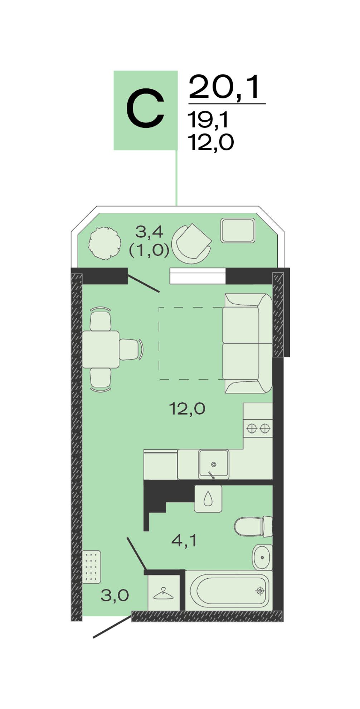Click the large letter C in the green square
145,110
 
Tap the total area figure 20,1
224,87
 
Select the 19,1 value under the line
208,120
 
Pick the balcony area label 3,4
149,233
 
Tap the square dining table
101,349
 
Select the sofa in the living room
247,343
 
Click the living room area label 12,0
187,409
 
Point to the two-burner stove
258,428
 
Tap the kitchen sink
214,464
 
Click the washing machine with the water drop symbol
208,499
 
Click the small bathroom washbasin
262,558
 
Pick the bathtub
229,591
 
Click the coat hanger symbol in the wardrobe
164,593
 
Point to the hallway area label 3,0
115,595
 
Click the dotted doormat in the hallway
92,567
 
